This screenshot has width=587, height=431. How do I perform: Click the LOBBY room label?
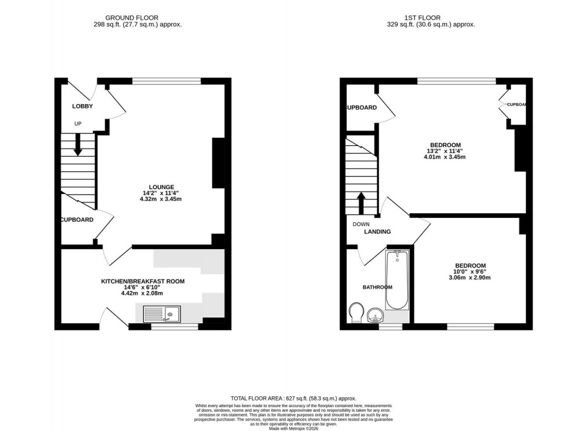point(82,106)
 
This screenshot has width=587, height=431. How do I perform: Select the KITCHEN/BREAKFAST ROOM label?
point(142,281)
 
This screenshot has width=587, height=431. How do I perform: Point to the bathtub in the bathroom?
point(397,280)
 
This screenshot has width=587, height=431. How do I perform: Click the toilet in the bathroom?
point(355,311)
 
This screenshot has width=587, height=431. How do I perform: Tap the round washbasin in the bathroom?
point(376,314)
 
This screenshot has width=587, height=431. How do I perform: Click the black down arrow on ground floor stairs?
point(78,145)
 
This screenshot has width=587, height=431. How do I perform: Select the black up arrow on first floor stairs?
point(361,202)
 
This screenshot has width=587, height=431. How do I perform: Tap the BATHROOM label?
point(377,287)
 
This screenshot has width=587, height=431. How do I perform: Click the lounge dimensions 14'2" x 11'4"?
point(162,193)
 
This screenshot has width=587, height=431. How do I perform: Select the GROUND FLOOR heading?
point(132,18)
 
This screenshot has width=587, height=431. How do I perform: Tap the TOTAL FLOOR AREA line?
point(293,398)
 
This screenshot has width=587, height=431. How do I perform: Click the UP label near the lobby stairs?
point(78,124)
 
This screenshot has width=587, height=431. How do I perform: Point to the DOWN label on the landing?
point(361,224)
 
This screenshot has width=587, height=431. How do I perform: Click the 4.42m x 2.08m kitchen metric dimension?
point(142,293)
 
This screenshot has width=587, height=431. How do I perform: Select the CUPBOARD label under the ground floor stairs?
point(77,220)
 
